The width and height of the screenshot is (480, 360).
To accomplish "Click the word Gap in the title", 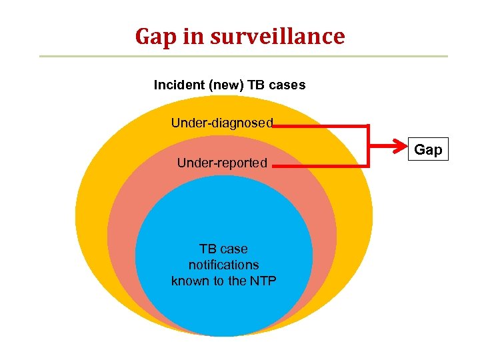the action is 155,37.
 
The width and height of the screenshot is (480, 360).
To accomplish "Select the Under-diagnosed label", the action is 222,123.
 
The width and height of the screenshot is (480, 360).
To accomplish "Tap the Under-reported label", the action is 222,163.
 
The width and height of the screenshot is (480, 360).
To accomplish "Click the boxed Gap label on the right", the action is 428,149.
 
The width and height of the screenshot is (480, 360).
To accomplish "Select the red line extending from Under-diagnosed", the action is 320,125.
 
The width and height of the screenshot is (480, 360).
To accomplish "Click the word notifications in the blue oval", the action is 224,265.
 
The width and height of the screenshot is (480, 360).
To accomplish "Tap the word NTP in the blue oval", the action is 263,281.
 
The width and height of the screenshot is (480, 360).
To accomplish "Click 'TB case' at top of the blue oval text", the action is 224,249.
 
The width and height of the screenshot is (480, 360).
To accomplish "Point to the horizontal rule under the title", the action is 243,56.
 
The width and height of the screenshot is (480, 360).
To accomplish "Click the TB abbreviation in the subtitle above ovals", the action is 259,85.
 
